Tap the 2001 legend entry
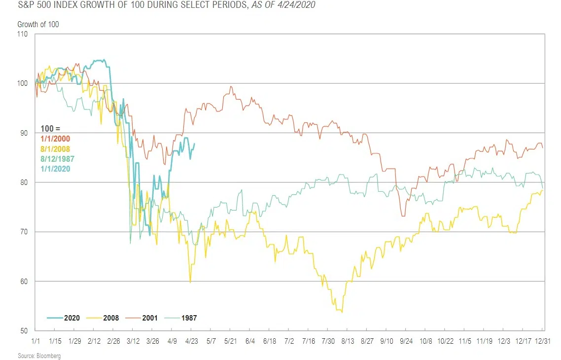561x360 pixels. coord(143,318)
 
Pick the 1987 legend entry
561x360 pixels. coord(182,318)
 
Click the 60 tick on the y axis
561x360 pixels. coord(23,282)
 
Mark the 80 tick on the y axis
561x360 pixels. coord(23,182)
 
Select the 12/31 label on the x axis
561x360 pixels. coord(543,341)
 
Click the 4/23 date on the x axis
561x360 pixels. coord(191,341)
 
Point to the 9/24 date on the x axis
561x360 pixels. coord(405,341)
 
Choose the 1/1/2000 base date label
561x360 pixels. coord(56,139)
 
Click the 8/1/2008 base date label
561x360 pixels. coord(56,149)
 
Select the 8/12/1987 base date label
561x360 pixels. coord(58,159)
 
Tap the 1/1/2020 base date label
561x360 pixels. coord(56,169)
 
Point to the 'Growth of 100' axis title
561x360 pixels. coord(38,24)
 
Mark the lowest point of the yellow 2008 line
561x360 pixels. coord(342,312)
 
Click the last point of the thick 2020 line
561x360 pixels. coord(194,144)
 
